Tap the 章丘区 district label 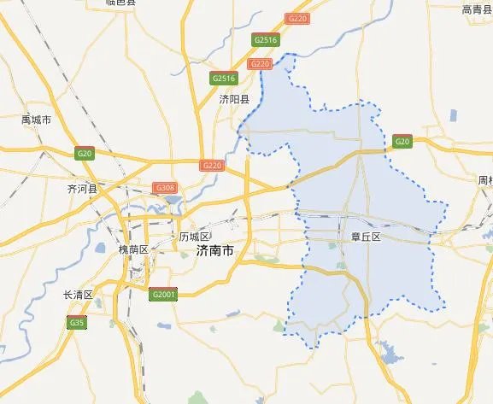pyautogui.click(x=365, y=237)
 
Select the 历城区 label pyautogui.click(x=194, y=237)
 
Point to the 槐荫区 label pyautogui.click(x=133, y=249)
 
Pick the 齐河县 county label pyautogui.click(x=83, y=188)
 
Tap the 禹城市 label pyautogui.click(x=36, y=120)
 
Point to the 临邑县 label pyautogui.click(x=120, y=3)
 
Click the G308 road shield pyautogui.click(x=165, y=187)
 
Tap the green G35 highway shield pyautogui.click(x=78, y=322)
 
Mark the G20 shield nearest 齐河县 pyautogui.click(x=84, y=154)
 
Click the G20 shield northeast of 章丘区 pyautogui.click(x=402, y=141)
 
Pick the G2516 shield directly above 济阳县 pyautogui.click(x=223, y=79)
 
